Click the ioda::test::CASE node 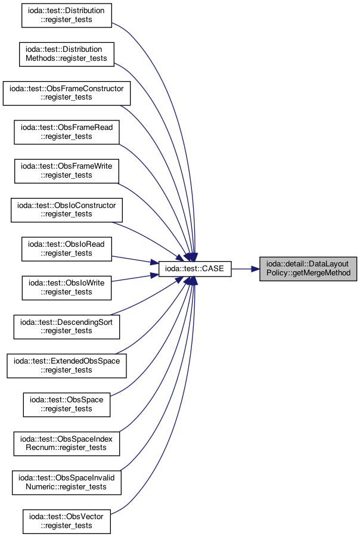pos(194,269)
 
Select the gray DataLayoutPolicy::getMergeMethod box pos(308,269)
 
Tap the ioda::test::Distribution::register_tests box pos(66,15)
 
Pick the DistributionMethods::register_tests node pos(66,54)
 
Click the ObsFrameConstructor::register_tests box pos(66,93)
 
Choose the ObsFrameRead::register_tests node pos(66,132)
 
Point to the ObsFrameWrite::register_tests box pos(66,171)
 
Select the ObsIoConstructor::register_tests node pos(66,210)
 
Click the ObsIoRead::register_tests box pos(66,249)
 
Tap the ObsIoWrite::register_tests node pos(66,288)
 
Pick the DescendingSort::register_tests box pos(66,327)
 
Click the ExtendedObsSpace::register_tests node pos(66,366)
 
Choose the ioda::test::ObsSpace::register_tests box pos(66,405)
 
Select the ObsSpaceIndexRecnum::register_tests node pos(66,443)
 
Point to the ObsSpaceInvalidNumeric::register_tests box pos(66,483)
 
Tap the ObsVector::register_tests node pos(66,522)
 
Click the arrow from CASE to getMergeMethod pos(245,269)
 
